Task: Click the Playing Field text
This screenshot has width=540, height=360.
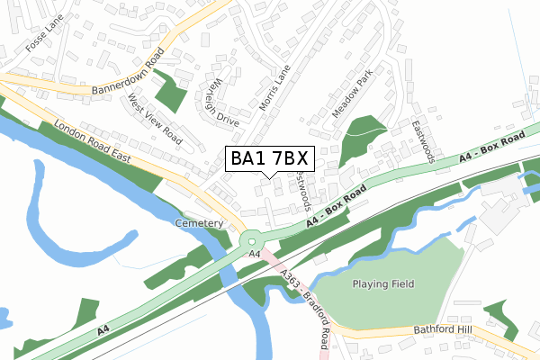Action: (x=383, y=284)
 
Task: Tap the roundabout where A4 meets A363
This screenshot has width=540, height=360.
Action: (x=252, y=239)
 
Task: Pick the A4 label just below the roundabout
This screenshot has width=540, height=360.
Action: (x=255, y=256)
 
